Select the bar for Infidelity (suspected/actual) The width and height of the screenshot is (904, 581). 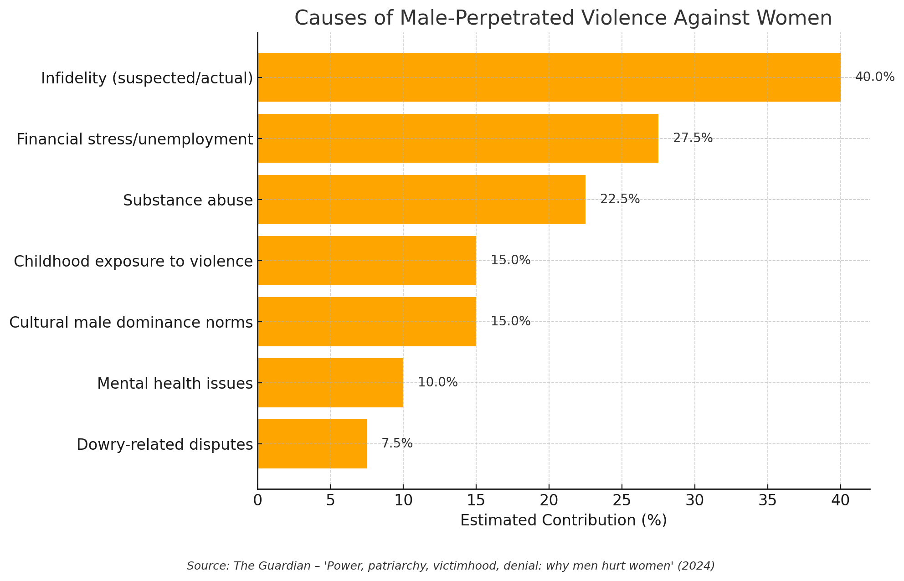coord(549,77)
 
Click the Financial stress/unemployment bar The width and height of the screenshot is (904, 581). coord(457,138)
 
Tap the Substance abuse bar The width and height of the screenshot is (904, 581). coord(421,199)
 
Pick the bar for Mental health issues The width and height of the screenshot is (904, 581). coord(330,382)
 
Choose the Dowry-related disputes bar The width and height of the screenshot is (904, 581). coord(312,443)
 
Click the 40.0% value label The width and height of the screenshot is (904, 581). coord(874,77)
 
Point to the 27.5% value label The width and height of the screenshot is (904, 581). coord(693,138)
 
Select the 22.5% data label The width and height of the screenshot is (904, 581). coord(620,199)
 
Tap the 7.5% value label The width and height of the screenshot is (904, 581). coord(397,443)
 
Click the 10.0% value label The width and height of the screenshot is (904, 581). coord(437,382)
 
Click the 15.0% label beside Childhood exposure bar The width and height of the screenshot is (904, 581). coord(510,260)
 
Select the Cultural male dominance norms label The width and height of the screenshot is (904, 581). coord(131,322)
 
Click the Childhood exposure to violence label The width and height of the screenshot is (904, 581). coord(133,261)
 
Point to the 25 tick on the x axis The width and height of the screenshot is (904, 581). coord(621,500)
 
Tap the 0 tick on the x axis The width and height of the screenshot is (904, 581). coord(257,500)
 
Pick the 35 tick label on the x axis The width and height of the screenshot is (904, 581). coord(767,500)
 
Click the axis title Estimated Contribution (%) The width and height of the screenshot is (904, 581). coord(563,520)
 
